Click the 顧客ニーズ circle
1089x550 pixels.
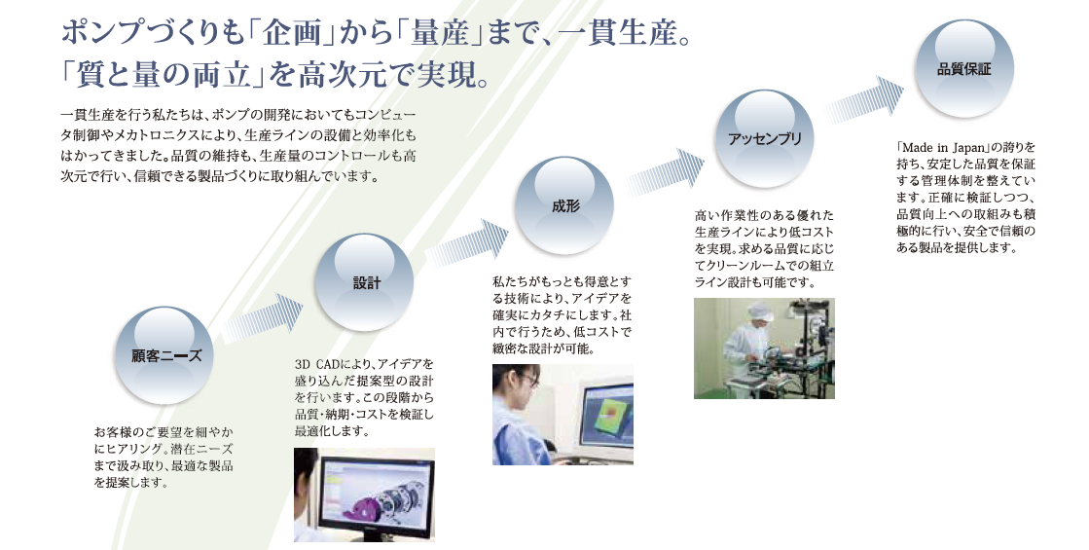pyautogui.click(x=163, y=355)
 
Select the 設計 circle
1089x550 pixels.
pyautogui.click(x=364, y=282)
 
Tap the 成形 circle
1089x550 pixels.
pyautogui.click(x=564, y=205)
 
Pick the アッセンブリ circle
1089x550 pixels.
pyautogui.click(x=764, y=138)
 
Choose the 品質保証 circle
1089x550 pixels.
pyautogui.click(x=964, y=68)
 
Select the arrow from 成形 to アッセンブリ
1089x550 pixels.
pyautogui.click(x=663, y=173)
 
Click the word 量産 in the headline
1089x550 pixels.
pyautogui.click(x=440, y=33)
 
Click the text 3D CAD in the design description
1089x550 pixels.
pyautogui.click(x=317, y=364)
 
